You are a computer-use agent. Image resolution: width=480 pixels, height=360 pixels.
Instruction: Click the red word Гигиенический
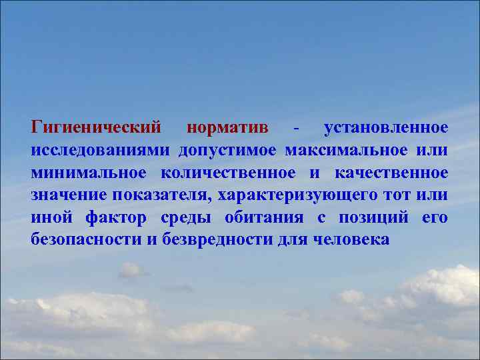point(96,127)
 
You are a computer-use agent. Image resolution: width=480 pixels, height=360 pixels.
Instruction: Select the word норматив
point(227,127)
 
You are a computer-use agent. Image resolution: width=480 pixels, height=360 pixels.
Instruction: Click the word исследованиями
point(99,149)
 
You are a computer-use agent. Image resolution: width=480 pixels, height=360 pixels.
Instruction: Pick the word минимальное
point(88,172)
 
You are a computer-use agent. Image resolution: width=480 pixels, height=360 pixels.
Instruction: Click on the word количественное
point(227,172)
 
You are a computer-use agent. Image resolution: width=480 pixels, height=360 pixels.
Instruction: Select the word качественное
point(391,172)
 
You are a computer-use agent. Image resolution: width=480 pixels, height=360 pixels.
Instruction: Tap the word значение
point(69,195)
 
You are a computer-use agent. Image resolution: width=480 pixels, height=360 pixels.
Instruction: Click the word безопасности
point(87,240)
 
